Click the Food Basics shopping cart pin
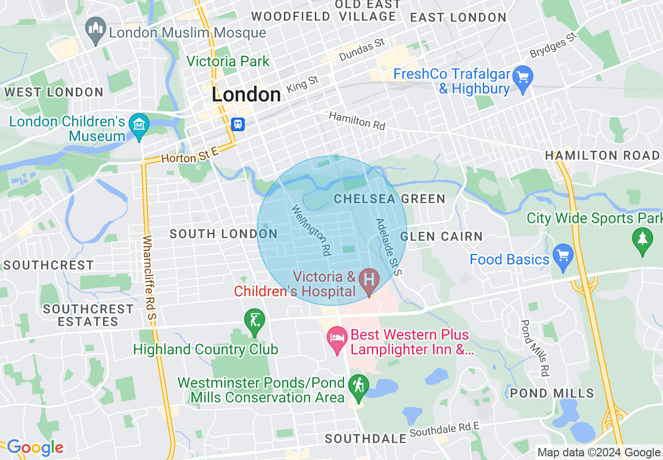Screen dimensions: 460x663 tap(563, 257)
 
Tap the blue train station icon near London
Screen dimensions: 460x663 tap(237, 124)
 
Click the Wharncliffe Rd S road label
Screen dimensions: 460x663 tap(151, 277)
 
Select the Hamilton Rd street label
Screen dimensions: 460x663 tap(357, 121)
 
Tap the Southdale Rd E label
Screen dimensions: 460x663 tap(444, 430)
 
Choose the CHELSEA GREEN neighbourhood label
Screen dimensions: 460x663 tap(390, 199)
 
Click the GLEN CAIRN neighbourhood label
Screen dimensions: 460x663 tap(441, 237)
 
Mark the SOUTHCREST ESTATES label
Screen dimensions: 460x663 tap(88, 315)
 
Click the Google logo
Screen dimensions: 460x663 tap(35, 447)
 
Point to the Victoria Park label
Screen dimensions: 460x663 tap(228, 61)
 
